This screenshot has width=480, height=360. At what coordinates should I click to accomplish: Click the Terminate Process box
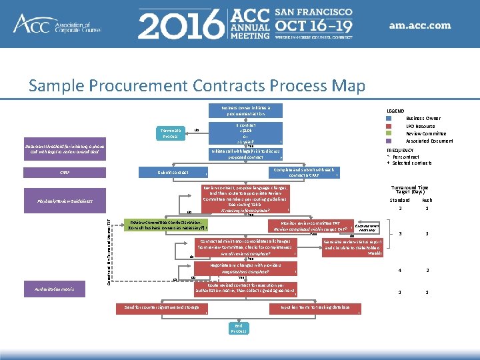(170, 133)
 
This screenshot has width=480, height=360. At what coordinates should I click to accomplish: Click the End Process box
(239, 327)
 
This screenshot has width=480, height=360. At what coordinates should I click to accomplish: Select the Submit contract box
(173, 173)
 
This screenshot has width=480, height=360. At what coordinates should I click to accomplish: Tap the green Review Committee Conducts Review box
(166, 224)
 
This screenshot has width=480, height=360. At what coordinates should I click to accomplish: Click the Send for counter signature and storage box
(157, 307)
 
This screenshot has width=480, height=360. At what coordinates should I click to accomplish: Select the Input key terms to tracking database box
(315, 307)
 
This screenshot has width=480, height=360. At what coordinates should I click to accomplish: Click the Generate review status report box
(353, 247)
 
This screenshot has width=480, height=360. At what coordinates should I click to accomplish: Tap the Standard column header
(399, 199)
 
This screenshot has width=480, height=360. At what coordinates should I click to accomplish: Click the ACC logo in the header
(57, 25)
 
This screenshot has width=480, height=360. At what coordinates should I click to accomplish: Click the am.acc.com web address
(420, 26)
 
